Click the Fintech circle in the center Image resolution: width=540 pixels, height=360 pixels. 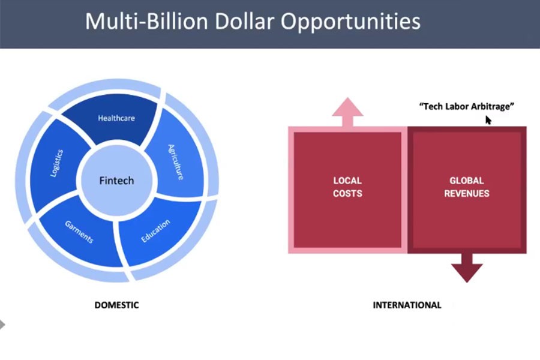tap(116, 181)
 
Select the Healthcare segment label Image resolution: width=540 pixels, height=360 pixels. tap(116, 118)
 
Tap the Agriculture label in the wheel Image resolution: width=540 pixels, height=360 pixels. tap(176, 162)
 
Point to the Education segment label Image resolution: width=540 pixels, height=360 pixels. tap(155, 230)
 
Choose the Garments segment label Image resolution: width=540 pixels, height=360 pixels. tap(79, 232)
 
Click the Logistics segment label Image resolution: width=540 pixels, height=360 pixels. tap(57, 163)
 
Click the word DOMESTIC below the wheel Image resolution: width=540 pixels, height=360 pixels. tap(117, 305)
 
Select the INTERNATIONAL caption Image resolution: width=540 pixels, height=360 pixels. tap(407, 305)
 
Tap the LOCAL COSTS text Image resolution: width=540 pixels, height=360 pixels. tap(347, 187)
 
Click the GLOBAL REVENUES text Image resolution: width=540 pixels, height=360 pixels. tap(467, 187)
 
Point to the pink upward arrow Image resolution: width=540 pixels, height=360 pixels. tap(347, 112)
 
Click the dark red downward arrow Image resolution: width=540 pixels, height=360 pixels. tap(467, 268)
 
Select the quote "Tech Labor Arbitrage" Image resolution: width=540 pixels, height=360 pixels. tap(467, 106)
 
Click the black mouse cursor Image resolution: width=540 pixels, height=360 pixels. tap(488, 120)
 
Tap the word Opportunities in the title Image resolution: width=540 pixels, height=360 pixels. tap(350, 22)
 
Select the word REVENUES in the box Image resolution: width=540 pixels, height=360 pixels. tap(467, 193)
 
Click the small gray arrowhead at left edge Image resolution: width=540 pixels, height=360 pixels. tap(2, 325)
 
